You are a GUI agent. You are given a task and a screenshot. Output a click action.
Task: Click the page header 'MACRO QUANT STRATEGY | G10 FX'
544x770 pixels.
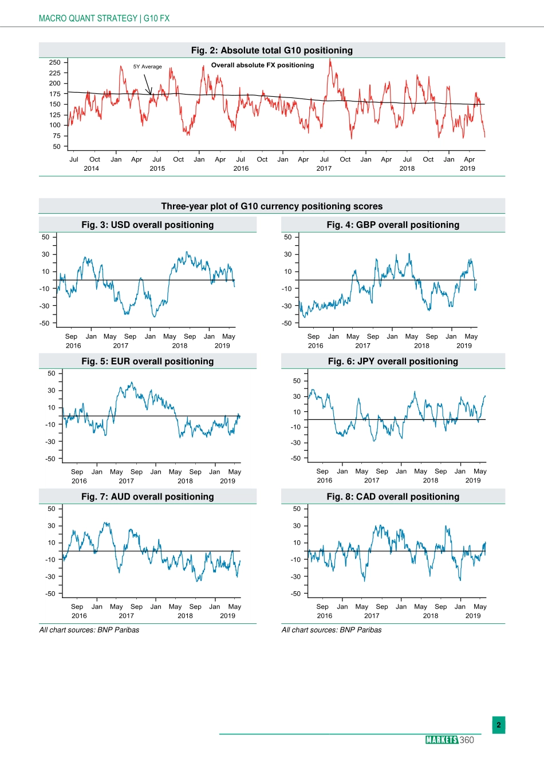point(104,18)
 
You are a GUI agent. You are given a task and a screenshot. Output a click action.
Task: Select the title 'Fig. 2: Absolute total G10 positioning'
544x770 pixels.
point(271,50)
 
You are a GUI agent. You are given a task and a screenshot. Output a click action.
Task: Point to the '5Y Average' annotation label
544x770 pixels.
point(148,66)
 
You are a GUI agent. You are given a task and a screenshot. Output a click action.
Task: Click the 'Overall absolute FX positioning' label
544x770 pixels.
point(262,65)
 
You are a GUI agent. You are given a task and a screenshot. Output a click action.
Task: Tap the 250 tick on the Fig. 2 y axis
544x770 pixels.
point(55,62)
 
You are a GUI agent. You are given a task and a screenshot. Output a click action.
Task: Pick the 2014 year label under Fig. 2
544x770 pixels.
point(92,168)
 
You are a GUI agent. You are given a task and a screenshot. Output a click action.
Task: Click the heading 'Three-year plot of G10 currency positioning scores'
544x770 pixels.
point(271,206)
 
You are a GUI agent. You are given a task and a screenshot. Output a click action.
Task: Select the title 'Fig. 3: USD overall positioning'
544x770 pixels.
point(147,225)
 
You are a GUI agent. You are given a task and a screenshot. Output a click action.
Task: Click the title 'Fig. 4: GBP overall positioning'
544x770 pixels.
point(393,225)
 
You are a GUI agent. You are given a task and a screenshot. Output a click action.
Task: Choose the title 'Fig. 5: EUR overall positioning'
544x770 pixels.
point(147,361)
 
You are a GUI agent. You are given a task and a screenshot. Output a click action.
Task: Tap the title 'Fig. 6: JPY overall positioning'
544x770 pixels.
point(393,361)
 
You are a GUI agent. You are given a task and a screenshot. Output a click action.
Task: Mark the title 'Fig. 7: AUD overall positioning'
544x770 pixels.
point(147,497)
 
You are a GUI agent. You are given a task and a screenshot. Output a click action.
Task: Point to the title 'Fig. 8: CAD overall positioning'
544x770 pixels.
point(393,497)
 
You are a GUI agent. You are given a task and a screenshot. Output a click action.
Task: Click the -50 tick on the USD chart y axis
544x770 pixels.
point(45,323)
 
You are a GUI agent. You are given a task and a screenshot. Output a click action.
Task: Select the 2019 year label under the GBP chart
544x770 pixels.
point(464,345)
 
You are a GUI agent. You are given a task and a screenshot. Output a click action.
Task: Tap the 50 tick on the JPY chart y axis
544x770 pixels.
point(297,381)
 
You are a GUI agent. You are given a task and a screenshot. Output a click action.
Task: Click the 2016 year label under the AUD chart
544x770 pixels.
point(79,616)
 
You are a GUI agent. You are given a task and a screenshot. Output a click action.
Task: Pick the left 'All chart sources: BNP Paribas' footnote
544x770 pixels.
point(89,630)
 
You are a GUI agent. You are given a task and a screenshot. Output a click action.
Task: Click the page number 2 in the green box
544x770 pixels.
point(499,725)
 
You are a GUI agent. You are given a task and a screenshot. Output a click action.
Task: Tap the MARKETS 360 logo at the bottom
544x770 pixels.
point(450,740)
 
